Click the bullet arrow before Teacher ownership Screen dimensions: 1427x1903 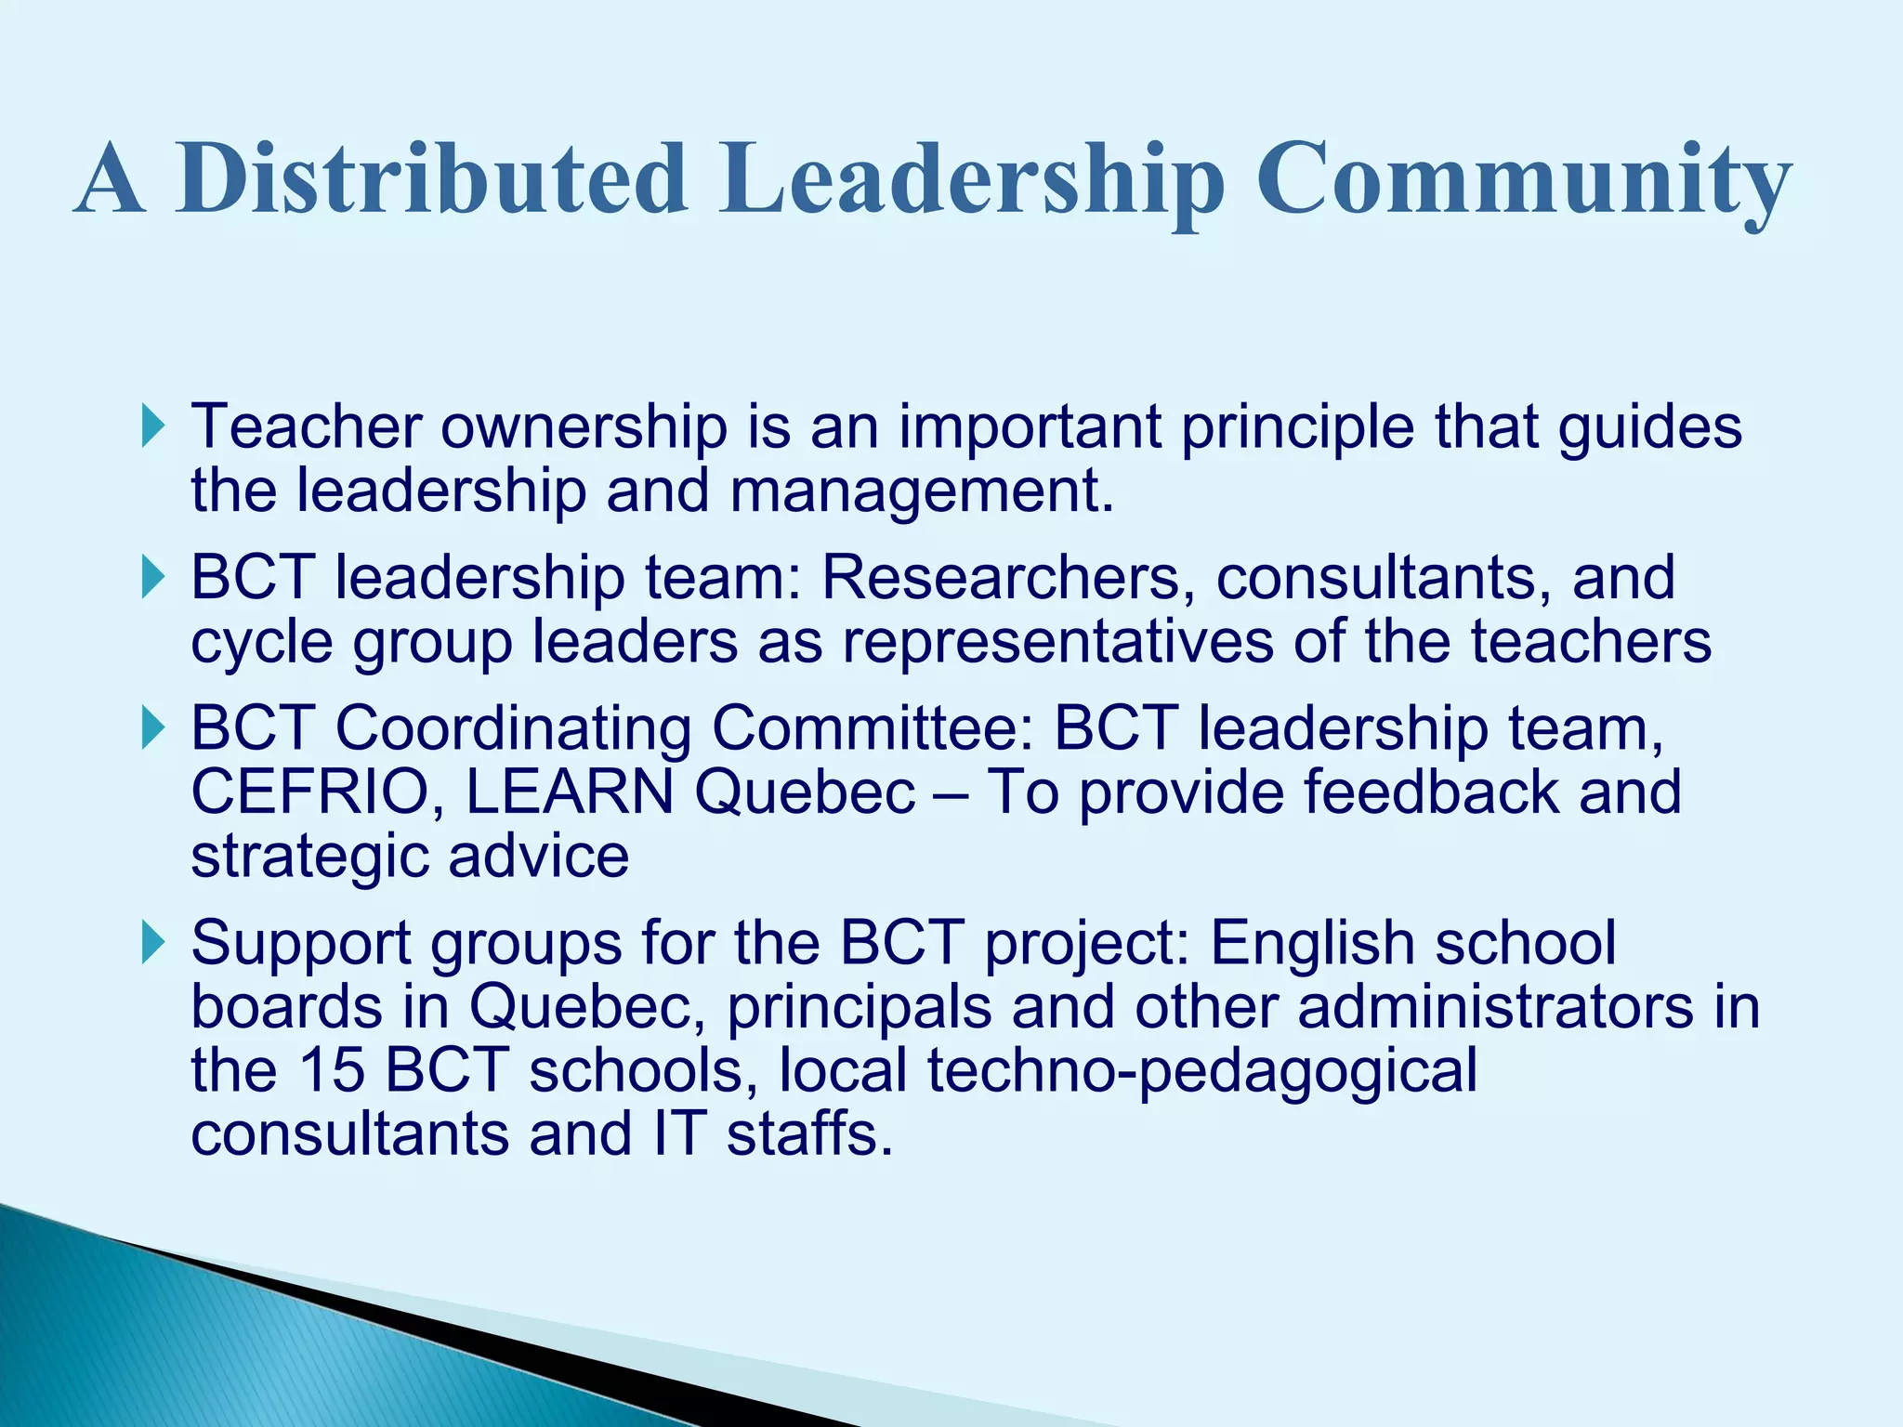coord(154,426)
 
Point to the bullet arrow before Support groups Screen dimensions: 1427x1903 coord(154,943)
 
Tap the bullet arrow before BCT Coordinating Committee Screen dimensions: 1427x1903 coord(154,727)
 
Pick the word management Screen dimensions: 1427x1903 coord(921,490)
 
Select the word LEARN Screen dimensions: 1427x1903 coord(570,792)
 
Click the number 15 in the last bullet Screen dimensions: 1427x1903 coord(331,1070)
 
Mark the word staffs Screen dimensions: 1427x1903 coord(809,1133)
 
